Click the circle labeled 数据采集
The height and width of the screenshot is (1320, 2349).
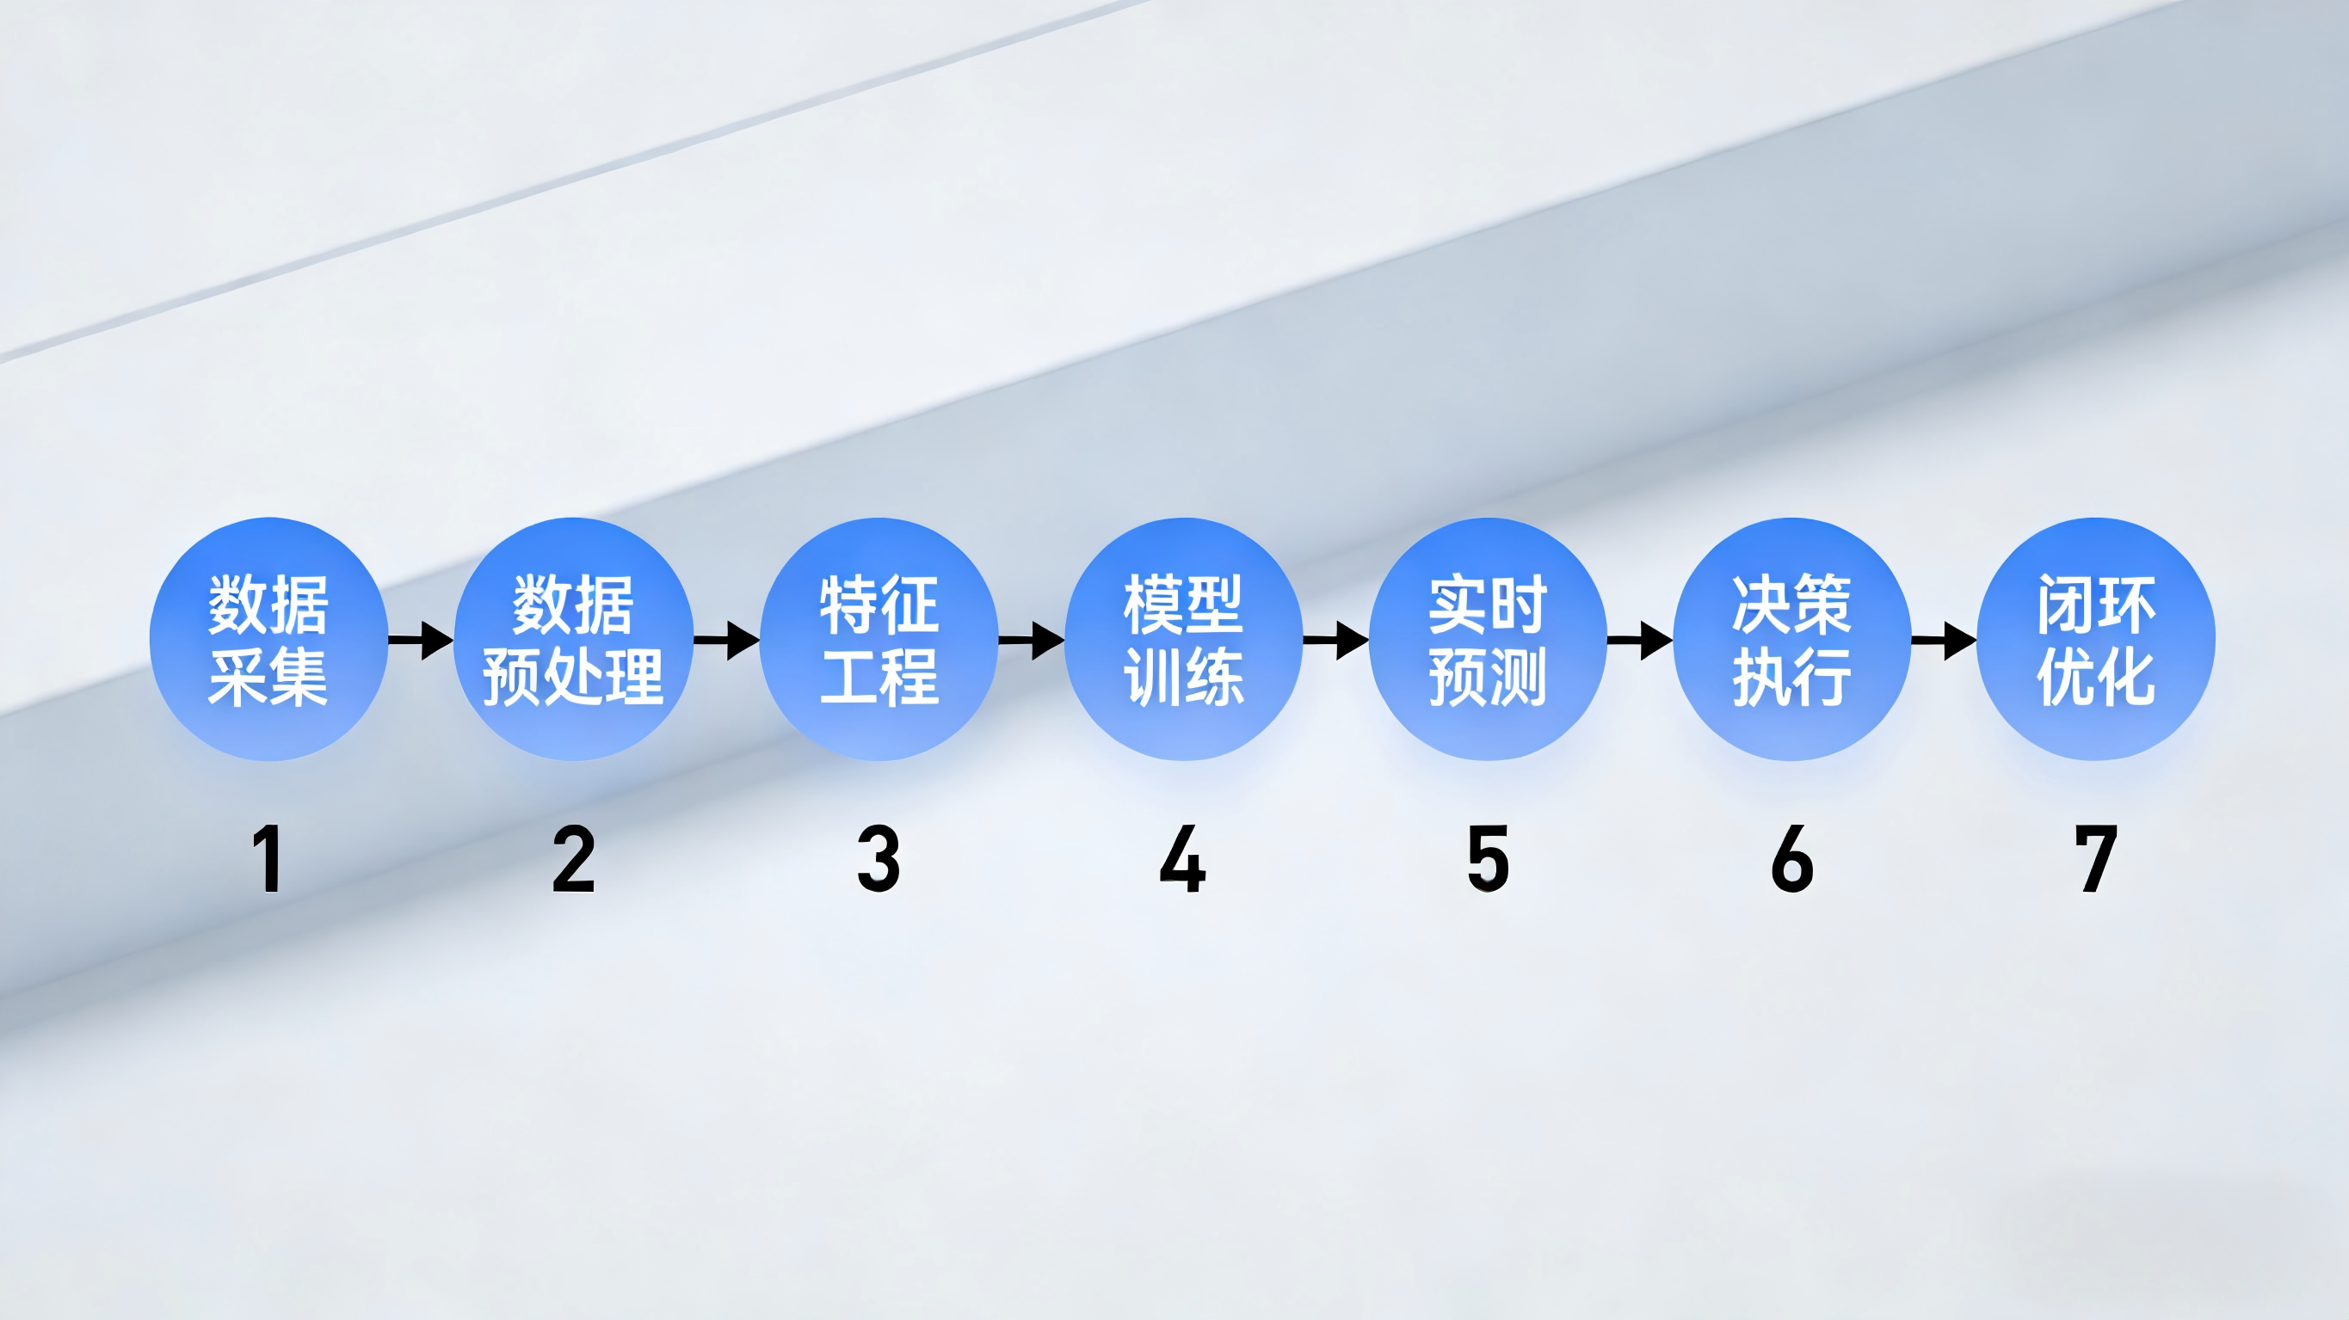pyautogui.click(x=269, y=639)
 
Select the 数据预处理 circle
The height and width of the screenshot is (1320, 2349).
pyautogui.click(x=574, y=639)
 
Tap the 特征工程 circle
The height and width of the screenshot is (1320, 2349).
pyautogui.click(x=879, y=639)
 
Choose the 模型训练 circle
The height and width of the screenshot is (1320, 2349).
pyautogui.click(x=1183, y=639)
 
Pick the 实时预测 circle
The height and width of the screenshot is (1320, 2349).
pyautogui.click(x=1488, y=639)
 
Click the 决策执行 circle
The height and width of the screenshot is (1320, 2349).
pyautogui.click(x=1791, y=639)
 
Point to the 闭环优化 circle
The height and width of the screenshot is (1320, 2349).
pyautogui.click(x=2095, y=639)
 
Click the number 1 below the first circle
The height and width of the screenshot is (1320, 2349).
pyautogui.click(x=268, y=858)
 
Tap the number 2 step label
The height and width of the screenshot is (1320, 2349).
pyautogui.click(x=574, y=858)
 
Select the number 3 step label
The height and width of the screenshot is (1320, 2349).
pyautogui.click(x=879, y=858)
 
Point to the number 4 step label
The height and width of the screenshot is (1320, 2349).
pyautogui.click(x=1183, y=858)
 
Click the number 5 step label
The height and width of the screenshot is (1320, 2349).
pyautogui.click(x=1488, y=858)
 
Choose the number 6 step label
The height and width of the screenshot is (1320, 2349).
pyautogui.click(x=1791, y=858)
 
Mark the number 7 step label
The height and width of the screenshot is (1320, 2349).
pyautogui.click(x=2095, y=858)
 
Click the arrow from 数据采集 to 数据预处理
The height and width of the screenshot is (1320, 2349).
pyautogui.click(x=422, y=640)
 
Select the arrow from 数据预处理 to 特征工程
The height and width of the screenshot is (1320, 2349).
pyautogui.click(x=726, y=640)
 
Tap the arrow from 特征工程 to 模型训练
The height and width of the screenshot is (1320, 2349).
pyautogui.click(x=1031, y=640)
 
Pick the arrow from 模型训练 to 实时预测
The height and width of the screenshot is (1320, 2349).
pyautogui.click(x=1335, y=640)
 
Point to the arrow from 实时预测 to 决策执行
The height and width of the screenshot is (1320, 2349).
pyautogui.click(x=1639, y=640)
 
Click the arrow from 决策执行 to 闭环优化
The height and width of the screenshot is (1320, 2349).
pyautogui.click(x=1943, y=640)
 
